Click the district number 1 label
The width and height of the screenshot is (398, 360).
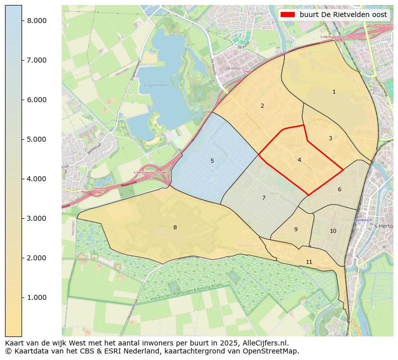point(334,92)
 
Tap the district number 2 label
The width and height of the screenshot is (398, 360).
point(262,106)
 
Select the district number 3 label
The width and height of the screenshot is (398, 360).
point(330,138)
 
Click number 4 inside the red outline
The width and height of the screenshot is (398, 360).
point(299,160)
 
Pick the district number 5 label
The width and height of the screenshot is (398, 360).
point(212,161)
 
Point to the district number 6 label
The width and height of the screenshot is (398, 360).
point(339,190)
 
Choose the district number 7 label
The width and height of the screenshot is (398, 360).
point(264,198)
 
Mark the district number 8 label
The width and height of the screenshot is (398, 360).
point(175,228)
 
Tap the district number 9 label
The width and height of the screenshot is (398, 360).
point(296,230)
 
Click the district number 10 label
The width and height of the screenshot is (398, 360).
point(333,231)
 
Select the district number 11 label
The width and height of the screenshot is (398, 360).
point(309,262)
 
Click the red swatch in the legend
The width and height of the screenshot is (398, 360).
point(288,15)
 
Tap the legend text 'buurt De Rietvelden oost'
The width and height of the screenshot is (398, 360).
point(343,15)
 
